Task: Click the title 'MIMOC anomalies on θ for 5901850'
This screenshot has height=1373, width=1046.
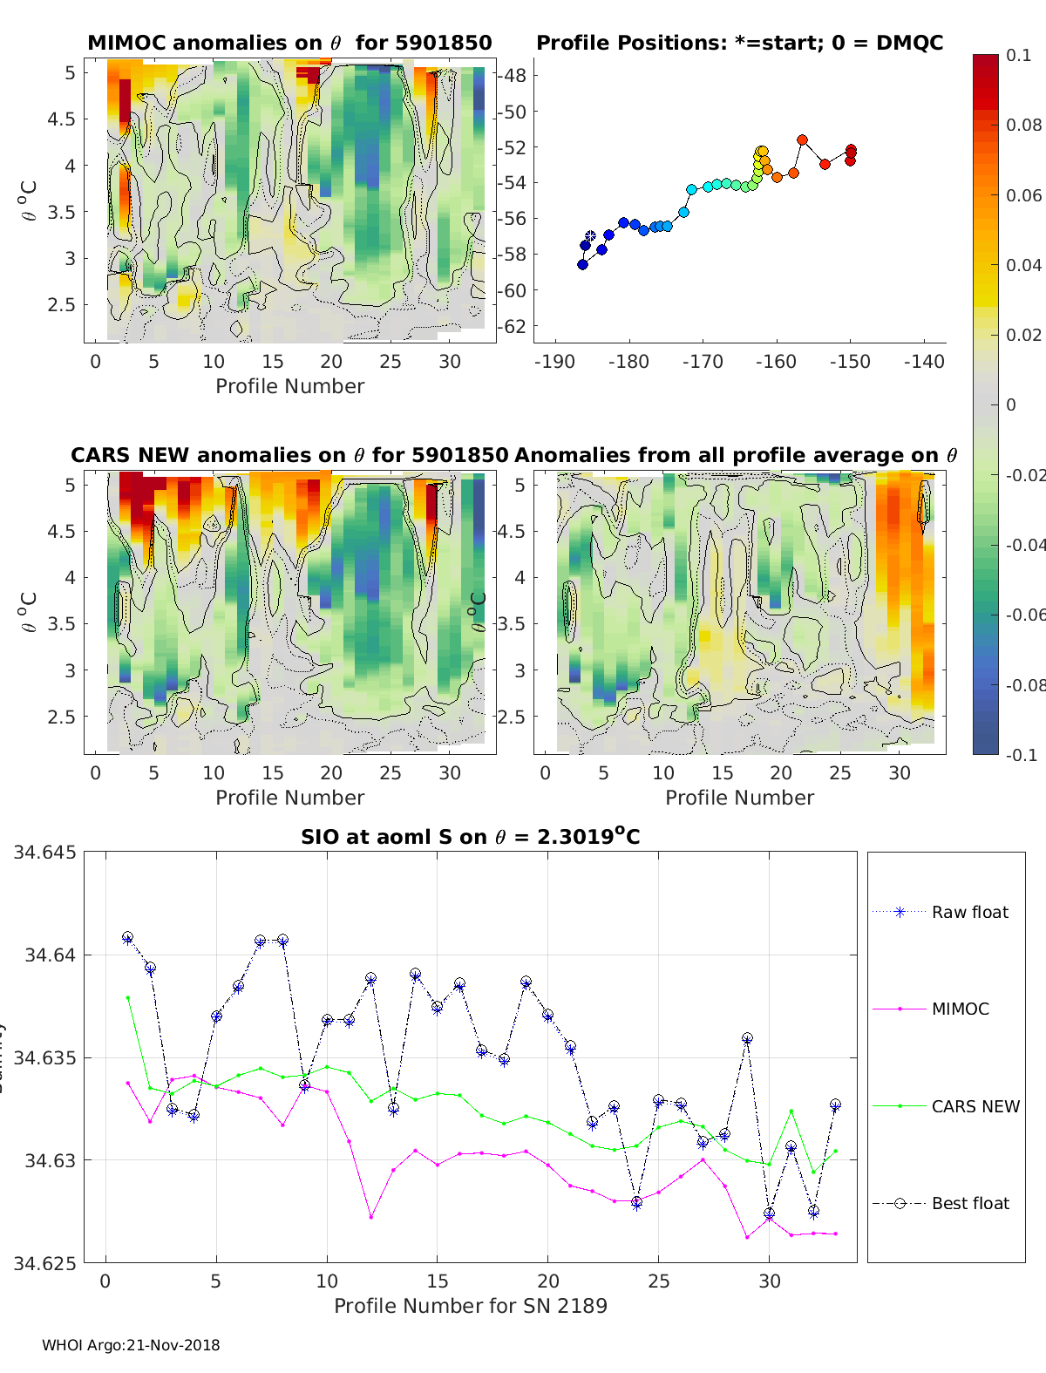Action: (289, 43)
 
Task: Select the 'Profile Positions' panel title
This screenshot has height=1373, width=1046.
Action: (739, 43)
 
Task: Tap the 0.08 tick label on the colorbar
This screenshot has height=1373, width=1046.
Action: (1023, 125)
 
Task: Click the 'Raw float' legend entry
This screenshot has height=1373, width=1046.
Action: (969, 912)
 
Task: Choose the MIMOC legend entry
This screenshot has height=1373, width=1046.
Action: (960, 1009)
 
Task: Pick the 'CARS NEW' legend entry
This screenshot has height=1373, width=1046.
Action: (975, 1106)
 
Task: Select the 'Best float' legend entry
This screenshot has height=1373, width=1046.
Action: (969, 1203)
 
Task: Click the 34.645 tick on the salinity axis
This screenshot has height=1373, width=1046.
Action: (44, 852)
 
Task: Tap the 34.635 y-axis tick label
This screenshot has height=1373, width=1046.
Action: (44, 1058)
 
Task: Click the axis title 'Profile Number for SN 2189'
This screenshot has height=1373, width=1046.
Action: (471, 1305)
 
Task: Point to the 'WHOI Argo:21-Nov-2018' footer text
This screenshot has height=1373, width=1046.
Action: (131, 1345)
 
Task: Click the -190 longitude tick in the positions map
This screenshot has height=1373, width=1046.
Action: (553, 361)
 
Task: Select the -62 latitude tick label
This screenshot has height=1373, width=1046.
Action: (513, 326)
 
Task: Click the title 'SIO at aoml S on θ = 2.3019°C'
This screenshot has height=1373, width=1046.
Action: (471, 837)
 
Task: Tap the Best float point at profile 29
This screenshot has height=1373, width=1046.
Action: (747, 1038)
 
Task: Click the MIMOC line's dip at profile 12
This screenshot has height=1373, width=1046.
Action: (371, 1217)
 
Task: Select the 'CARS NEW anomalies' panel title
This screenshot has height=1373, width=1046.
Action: (289, 455)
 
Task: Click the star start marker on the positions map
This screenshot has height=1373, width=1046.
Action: (590, 236)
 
